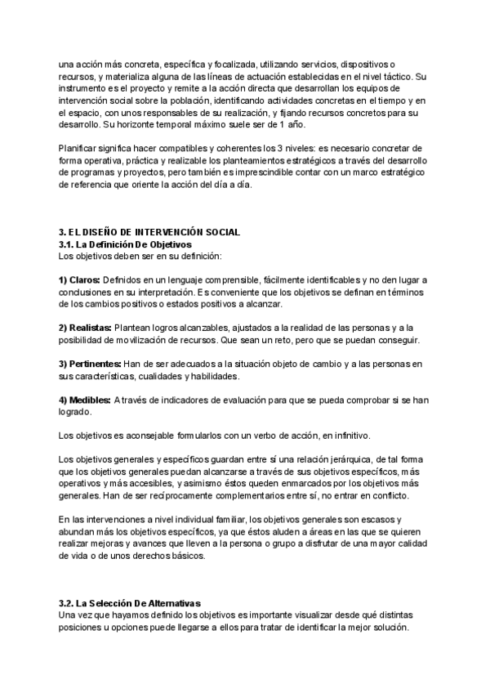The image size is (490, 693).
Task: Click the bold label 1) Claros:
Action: coord(80,280)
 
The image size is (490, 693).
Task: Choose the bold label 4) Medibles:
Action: coord(85,400)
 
